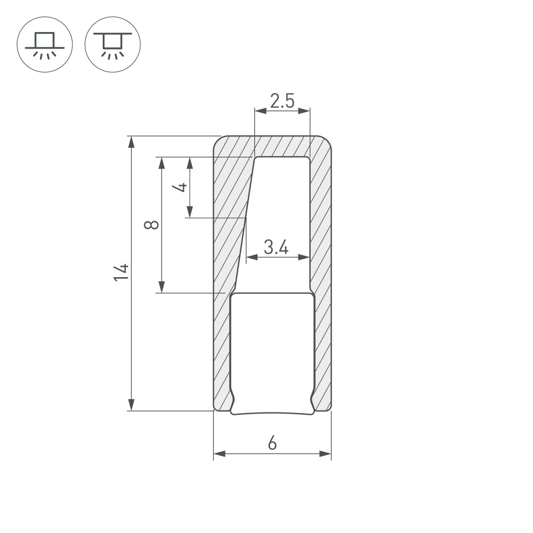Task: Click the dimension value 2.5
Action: pyautogui.click(x=282, y=101)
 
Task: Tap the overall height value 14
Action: pyautogui.click(x=122, y=273)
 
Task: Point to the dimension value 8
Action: pyautogui.click(x=152, y=224)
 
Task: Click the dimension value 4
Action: pyautogui.click(x=181, y=187)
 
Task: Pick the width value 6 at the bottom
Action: pyautogui.click(x=272, y=443)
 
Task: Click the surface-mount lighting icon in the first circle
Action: pyautogui.click(x=45, y=44)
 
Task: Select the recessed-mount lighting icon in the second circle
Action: pyautogui.click(x=112, y=44)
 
